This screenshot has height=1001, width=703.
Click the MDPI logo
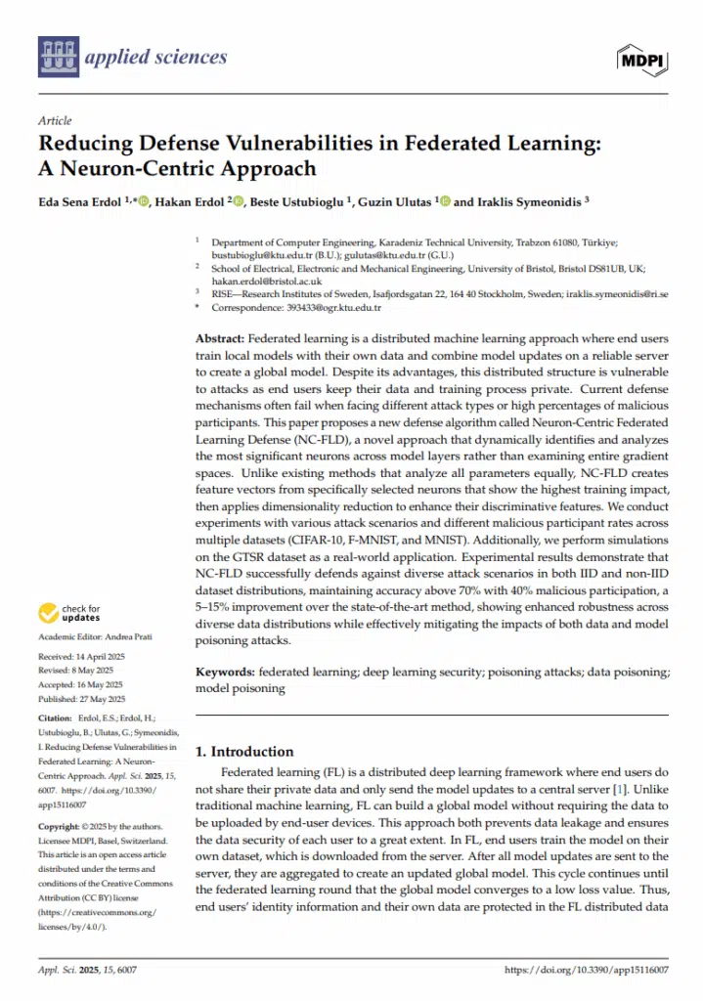[639, 60]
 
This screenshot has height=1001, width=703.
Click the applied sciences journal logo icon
[58, 58]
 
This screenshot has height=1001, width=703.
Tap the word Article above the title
[55, 121]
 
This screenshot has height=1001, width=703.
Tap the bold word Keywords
[226, 673]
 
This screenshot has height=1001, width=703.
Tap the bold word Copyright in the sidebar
[59, 826]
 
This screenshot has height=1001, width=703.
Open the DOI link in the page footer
[586, 971]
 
